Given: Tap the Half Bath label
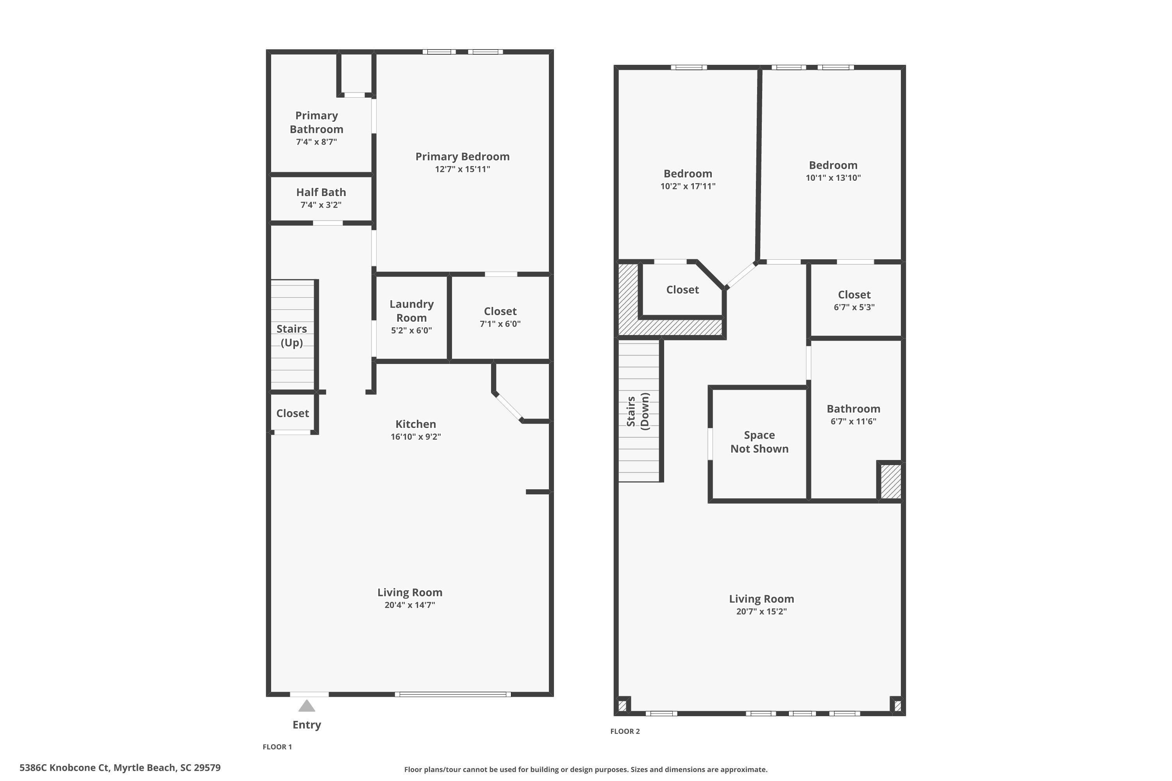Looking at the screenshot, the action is coord(321,192).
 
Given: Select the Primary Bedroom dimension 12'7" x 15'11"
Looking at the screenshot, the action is coord(463,169).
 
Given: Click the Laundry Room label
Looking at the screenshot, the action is coord(412,311).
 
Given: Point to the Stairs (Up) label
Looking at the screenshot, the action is coord(291,336).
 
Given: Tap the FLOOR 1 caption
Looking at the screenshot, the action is coord(277,747).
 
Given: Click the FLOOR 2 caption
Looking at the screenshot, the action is coord(625,731).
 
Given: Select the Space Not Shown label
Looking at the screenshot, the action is coord(759,442).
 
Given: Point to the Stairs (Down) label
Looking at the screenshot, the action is coord(638,412).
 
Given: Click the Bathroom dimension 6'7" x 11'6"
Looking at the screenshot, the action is coord(853,421).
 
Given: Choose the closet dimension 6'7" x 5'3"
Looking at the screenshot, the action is coord(854,307).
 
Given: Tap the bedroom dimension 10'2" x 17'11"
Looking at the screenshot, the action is coord(688,186).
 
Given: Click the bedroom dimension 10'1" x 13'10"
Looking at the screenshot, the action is coord(833,178).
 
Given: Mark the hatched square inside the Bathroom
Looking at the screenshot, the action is coord(890,481).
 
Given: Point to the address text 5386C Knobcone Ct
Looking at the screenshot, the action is coord(65,768).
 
